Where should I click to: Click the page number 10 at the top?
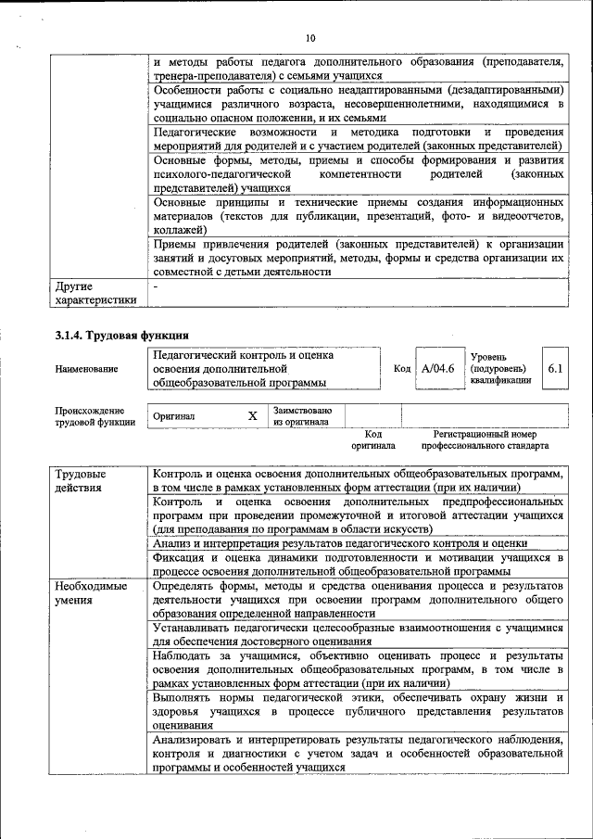(x=309, y=37)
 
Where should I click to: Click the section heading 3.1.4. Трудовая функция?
(x=122, y=335)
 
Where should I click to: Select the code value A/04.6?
(x=437, y=369)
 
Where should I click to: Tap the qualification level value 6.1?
(x=555, y=369)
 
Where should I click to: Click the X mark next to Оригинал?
(x=252, y=416)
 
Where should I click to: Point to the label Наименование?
(x=86, y=369)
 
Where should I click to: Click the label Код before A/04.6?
(x=402, y=369)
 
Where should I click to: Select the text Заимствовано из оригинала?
(x=302, y=415)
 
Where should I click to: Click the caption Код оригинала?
(x=372, y=439)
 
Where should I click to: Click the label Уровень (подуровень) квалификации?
(x=501, y=368)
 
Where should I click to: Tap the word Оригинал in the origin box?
(x=174, y=417)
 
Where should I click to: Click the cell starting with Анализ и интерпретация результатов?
(x=340, y=543)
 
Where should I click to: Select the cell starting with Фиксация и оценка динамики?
(x=358, y=565)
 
